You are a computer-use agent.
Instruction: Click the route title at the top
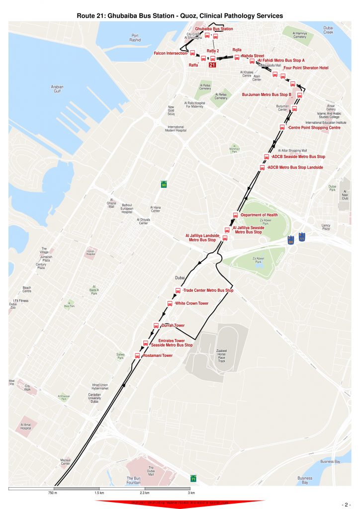(180, 16)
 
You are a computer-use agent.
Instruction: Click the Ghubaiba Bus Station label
(217, 29)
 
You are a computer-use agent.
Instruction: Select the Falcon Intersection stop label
(170, 53)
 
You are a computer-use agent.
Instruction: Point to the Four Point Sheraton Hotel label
(306, 68)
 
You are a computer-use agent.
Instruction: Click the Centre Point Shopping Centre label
(314, 128)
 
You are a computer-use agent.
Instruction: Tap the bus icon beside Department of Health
(236, 215)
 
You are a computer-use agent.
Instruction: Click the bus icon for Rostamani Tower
(138, 355)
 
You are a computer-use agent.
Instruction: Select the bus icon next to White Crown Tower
(170, 303)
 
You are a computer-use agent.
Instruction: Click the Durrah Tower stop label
(173, 326)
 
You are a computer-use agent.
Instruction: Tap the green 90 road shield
(164, 184)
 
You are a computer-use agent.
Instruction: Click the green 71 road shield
(193, 479)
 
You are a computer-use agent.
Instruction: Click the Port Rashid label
(135, 38)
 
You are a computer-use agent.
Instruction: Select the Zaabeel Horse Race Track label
(222, 355)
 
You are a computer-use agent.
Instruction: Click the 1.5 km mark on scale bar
(99, 493)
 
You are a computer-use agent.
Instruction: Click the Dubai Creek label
(328, 30)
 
